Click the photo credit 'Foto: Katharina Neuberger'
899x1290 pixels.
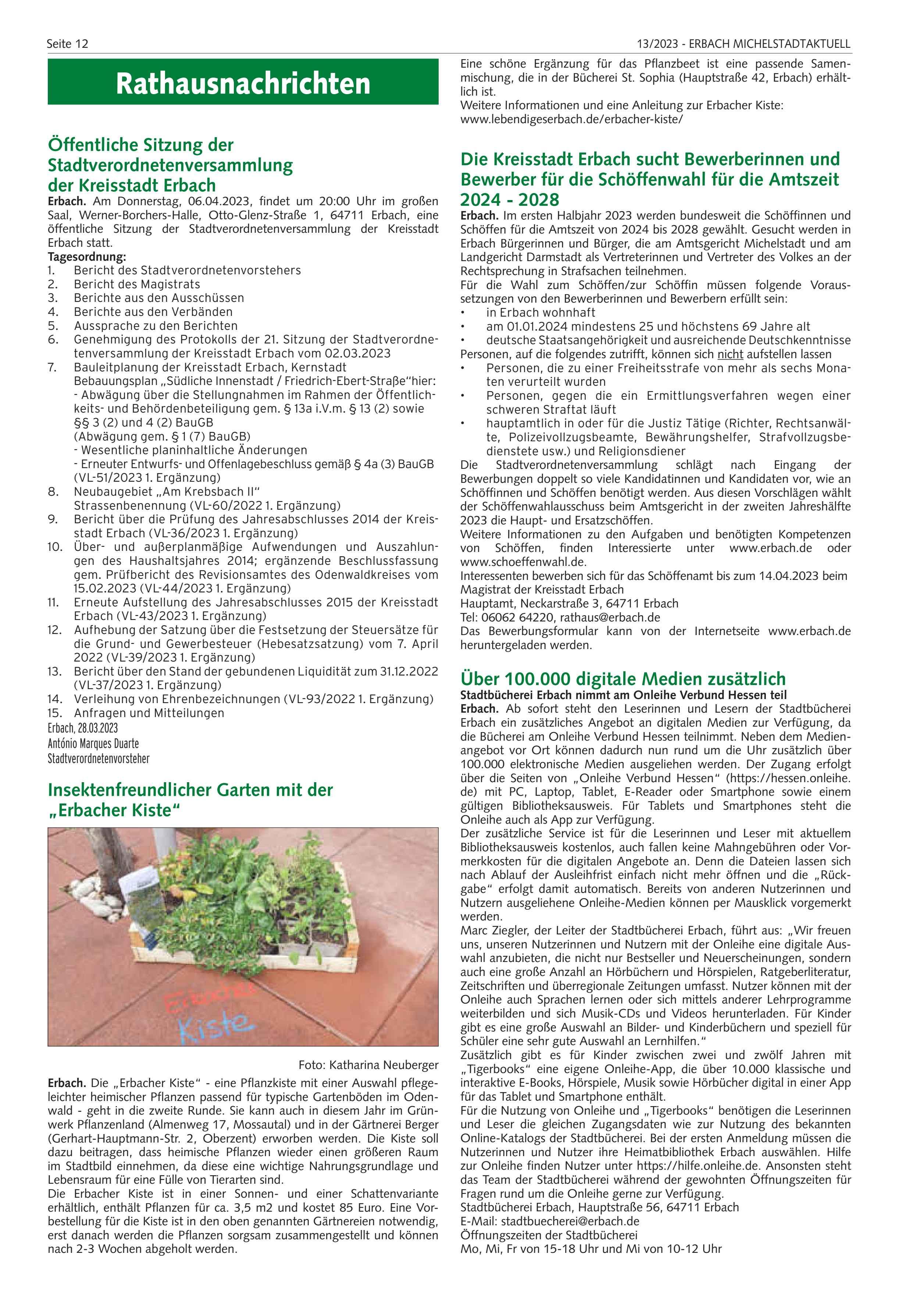coord(368,1065)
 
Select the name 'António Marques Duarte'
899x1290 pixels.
coord(93,743)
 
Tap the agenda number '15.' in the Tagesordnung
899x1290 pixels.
coord(54,713)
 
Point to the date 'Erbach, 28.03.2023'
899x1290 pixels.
coord(83,728)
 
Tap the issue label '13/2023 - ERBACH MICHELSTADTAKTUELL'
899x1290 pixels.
coord(743,44)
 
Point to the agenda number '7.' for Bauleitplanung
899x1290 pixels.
coord(52,367)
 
